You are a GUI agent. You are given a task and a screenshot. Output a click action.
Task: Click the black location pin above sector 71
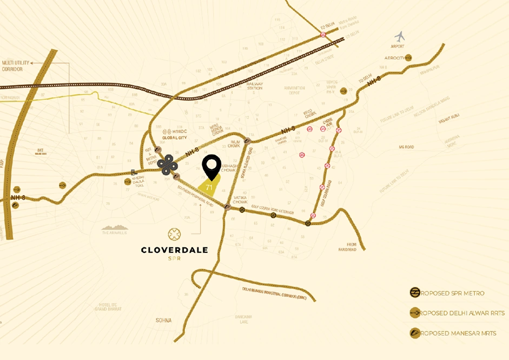[211, 166]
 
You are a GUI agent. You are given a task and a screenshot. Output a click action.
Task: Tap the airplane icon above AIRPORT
[400, 37]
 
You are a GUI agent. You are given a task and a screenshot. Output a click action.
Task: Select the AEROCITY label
[394, 58]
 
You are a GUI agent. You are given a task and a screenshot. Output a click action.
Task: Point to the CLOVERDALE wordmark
[174, 250]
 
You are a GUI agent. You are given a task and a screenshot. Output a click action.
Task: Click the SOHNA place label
[163, 320]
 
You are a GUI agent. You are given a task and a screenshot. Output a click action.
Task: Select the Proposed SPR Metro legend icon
[415, 293]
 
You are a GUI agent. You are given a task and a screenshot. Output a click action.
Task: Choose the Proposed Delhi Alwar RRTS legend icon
[415, 313]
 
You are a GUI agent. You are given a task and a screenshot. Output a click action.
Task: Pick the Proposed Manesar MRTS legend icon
[415, 333]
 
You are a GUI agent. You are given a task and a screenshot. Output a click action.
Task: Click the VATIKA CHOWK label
[240, 199]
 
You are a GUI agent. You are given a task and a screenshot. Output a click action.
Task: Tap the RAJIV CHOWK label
[234, 143]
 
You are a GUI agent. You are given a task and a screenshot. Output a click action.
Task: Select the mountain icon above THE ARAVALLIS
[115, 227]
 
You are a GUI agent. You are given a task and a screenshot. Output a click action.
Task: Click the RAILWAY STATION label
[255, 86]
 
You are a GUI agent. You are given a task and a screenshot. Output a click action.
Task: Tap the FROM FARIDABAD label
[353, 246]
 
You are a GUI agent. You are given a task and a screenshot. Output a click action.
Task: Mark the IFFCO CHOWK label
[309, 114]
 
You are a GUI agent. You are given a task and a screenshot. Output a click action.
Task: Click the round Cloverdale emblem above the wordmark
[174, 234]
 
